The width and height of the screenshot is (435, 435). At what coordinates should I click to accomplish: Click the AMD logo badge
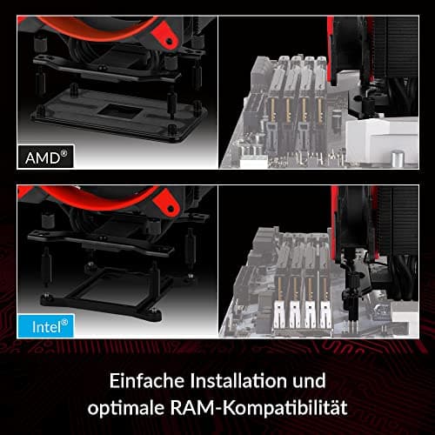pyautogui.click(x=45, y=157)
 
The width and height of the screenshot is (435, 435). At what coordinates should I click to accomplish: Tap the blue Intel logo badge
pyautogui.click(x=46, y=326)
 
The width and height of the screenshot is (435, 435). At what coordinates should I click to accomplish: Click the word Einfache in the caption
pyautogui.click(x=146, y=380)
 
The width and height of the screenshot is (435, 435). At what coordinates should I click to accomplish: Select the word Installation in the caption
pyautogui.click(x=238, y=380)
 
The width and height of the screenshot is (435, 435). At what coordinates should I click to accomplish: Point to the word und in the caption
pyautogui.click(x=309, y=381)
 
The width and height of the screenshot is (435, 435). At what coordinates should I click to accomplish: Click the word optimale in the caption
pyautogui.click(x=125, y=408)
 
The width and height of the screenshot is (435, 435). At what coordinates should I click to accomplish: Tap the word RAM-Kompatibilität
pyautogui.click(x=258, y=407)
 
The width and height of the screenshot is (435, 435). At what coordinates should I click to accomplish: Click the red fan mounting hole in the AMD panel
pyautogui.click(x=171, y=40)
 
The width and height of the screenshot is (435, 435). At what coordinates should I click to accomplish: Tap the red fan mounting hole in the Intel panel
pyautogui.click(x=171, y=208)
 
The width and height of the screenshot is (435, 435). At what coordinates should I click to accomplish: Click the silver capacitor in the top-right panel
pyautogui.click(x=398, y=158)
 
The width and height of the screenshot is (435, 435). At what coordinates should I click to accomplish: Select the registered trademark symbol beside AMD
pyautogui.click(x=64, y=153)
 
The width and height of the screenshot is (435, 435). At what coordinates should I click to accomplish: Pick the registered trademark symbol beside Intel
pyautogui.click(x=64, y=322)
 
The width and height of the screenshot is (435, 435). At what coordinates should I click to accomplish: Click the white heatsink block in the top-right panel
pyautogui.click(x=382, y=141)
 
